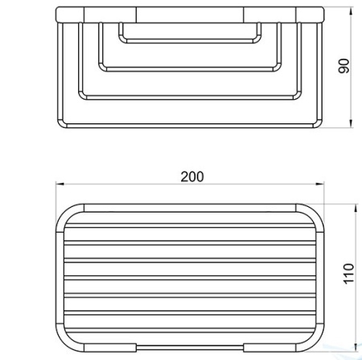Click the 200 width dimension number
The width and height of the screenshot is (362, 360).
192,176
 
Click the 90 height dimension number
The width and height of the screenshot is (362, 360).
344,66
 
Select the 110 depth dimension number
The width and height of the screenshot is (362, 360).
349,273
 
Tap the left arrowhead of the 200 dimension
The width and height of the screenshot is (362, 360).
60,184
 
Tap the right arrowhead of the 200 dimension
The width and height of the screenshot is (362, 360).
319,184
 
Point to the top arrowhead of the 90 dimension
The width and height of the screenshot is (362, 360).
351,12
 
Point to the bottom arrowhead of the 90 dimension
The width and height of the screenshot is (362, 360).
351,123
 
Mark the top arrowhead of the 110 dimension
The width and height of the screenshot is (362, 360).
356,209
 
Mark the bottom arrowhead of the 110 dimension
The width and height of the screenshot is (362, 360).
356,347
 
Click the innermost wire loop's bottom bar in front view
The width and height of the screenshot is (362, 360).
190,41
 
